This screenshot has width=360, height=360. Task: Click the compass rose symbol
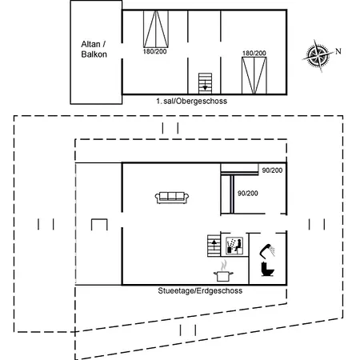pyautogui.click(x=318, y=55)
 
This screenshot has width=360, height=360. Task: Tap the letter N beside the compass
pyautogui.click(x=338, y=51)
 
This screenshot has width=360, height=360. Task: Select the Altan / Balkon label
pyautogui.click(x=94, y=50)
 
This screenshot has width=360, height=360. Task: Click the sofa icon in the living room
pyautogui.click(x=172, y=198)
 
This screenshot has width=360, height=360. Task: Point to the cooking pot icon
pyautogui.click(x=223, y=271)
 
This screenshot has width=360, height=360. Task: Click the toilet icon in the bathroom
pyautogui.click(x=267, y=269)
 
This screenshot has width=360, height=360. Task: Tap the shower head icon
pyautogui.click(x=267, y=250)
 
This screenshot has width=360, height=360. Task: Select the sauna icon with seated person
pyautogui.click(x=234, y=246)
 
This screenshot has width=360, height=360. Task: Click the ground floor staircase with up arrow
pyautogui.click(x=214, y=246)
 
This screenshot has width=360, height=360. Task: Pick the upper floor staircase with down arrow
pyautogui.click(x=205, y=83)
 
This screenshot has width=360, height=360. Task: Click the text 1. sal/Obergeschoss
pyautogui.click(x=191, y=101)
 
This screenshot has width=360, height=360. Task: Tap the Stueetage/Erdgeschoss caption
pyautogui.click(x=200, y=290)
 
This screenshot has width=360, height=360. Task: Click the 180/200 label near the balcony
pyautogui.click(x=154, y=51)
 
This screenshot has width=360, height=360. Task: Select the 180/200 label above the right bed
pyautogui.click(x=254, y=54)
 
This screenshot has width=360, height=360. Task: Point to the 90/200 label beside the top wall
pyautogui.click(x=272, y=170)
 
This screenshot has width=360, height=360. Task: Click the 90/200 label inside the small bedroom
pyautogui.click(x=248, y=194)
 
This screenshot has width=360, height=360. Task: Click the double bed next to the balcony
pyautogui.click(x=156, y=29)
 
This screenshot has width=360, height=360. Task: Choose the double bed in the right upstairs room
pyautogui.click(x=254, y=75)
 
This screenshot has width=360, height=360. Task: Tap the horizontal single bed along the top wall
pyautogui.click(x=239, y=170)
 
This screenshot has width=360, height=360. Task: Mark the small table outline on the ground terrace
pyautogui.click(x=99, y=220)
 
